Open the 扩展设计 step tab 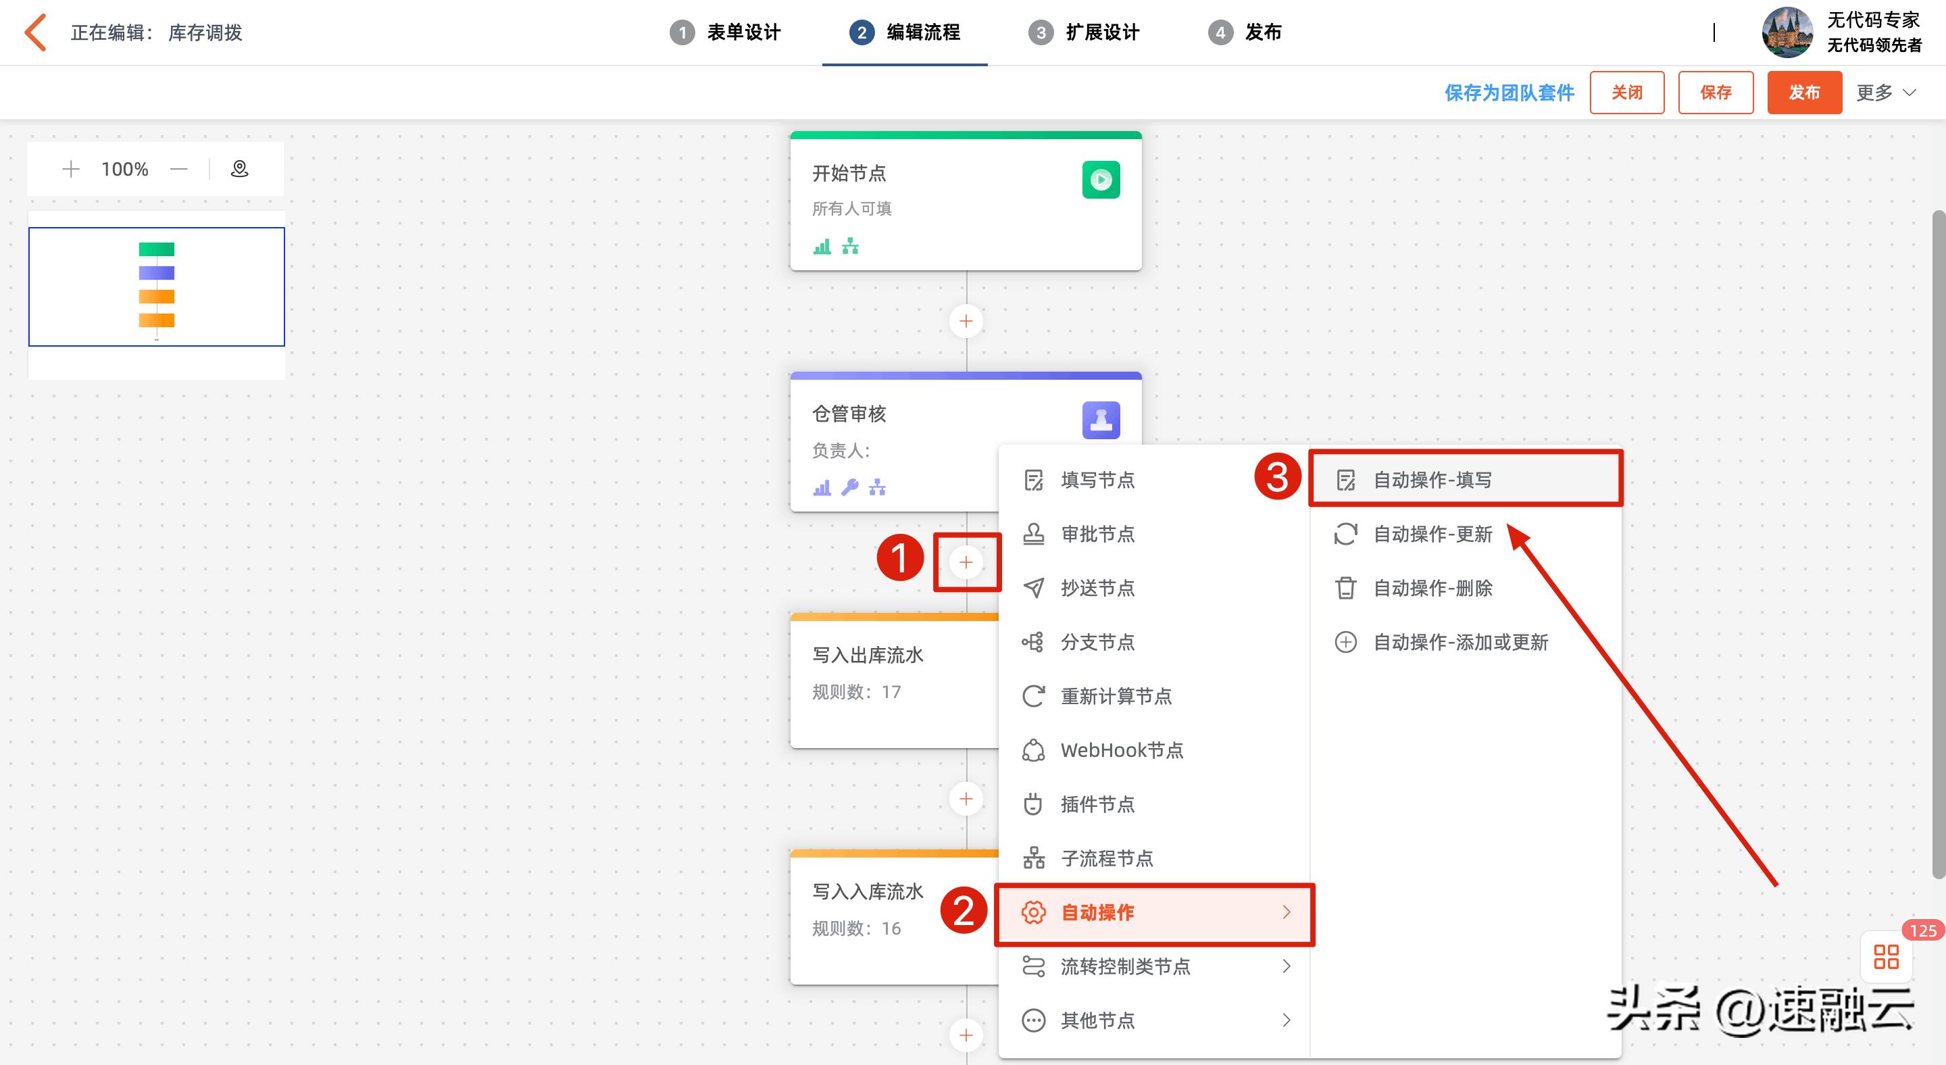coord(1084,32)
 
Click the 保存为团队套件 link coord(1509,93)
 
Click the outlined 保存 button coord(1715,93)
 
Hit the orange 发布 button coord(1803,93)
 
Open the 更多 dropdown coord(1886,93)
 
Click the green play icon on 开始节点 coord(1101,180)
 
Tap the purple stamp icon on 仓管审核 coord(1101,420)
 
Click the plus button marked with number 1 coord(966,562)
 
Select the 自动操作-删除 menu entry coord(1432,589)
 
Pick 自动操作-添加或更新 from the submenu coord(1459,643)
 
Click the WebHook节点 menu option coord(1121,750)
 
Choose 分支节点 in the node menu coord(1097,643)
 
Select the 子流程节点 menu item coord(1106,859)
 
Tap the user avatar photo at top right coord(1787,32)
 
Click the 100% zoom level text coord(124,169)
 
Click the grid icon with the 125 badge coord(1886,957)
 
